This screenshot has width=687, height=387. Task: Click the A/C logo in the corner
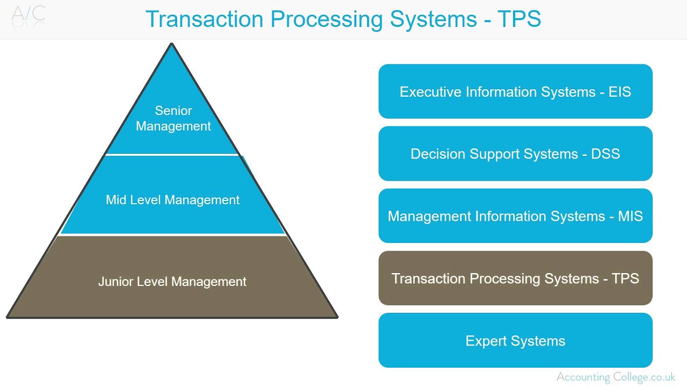click(28, 15)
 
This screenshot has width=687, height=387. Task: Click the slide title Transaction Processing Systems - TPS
click(343, 19)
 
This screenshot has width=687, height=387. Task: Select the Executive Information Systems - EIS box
click(515, 91)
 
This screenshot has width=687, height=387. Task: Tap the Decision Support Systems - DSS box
click(515, 154)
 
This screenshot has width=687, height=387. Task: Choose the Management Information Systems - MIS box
click(515, 216)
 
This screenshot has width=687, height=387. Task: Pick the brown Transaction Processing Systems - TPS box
click(515, 278)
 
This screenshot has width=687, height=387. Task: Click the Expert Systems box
click(515, 341)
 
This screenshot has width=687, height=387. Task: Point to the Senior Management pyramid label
click(173, 118)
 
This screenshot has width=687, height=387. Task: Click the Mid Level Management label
click(173, 200)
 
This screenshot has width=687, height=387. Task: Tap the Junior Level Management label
click(172, 282)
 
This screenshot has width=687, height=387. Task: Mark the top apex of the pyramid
click(172, 45)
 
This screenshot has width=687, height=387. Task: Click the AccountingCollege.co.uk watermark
click(616, 377)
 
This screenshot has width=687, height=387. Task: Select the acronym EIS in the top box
click(620, 92)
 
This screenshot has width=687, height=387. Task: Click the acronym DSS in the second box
click(605, 154)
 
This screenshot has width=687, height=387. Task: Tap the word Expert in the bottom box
click(486, 341)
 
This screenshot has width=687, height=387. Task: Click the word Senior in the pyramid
click(173, 111)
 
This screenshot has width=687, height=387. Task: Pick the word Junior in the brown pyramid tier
click(115, 282)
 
